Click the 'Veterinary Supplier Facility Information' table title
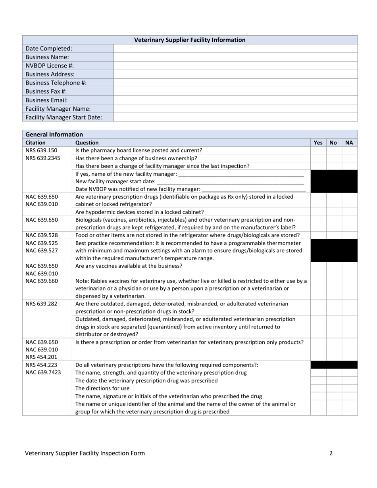coord(190,40)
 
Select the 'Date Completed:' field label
coord(49,48)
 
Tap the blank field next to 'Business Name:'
coord(235,57)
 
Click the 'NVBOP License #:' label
coord(50,65)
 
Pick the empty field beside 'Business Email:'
coord(235,100)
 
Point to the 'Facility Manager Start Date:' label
coord(63,117)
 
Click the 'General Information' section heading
coord(54,134)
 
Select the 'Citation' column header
coord(36,142)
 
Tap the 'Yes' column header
coord(318,142)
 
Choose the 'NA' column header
coord(349,142)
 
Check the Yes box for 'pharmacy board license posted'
coord(318,150)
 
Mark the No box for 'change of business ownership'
coord(334,158)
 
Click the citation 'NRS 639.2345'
coord(43,158)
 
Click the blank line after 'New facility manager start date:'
coord(231,182)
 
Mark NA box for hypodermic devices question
coord(349,212)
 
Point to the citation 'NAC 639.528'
coord(41,235)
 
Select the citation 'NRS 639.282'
coord(41,304)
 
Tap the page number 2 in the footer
coord(331,453)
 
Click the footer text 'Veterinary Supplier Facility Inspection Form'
coord(85,453)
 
